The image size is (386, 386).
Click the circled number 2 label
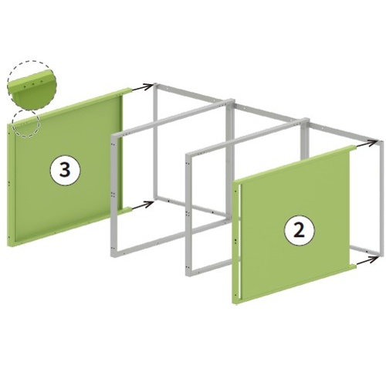tap(300, 230)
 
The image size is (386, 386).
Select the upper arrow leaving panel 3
tap(142, 87)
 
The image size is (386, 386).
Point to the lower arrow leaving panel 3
tap(142, 205)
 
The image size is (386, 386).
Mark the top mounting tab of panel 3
tap(127, 91)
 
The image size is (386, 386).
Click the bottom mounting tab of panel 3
tap(126, 210)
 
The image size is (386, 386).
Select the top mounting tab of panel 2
tap(351, 149)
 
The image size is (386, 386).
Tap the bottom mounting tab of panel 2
tap(352, 266)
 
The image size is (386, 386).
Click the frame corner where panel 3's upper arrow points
tap(155, 86)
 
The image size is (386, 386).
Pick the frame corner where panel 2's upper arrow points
tap(380, 142)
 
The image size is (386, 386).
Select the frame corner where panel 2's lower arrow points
tap(380, 257)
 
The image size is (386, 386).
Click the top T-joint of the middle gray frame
tap(231, 102)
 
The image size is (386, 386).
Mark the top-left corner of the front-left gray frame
tap(114, 137)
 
